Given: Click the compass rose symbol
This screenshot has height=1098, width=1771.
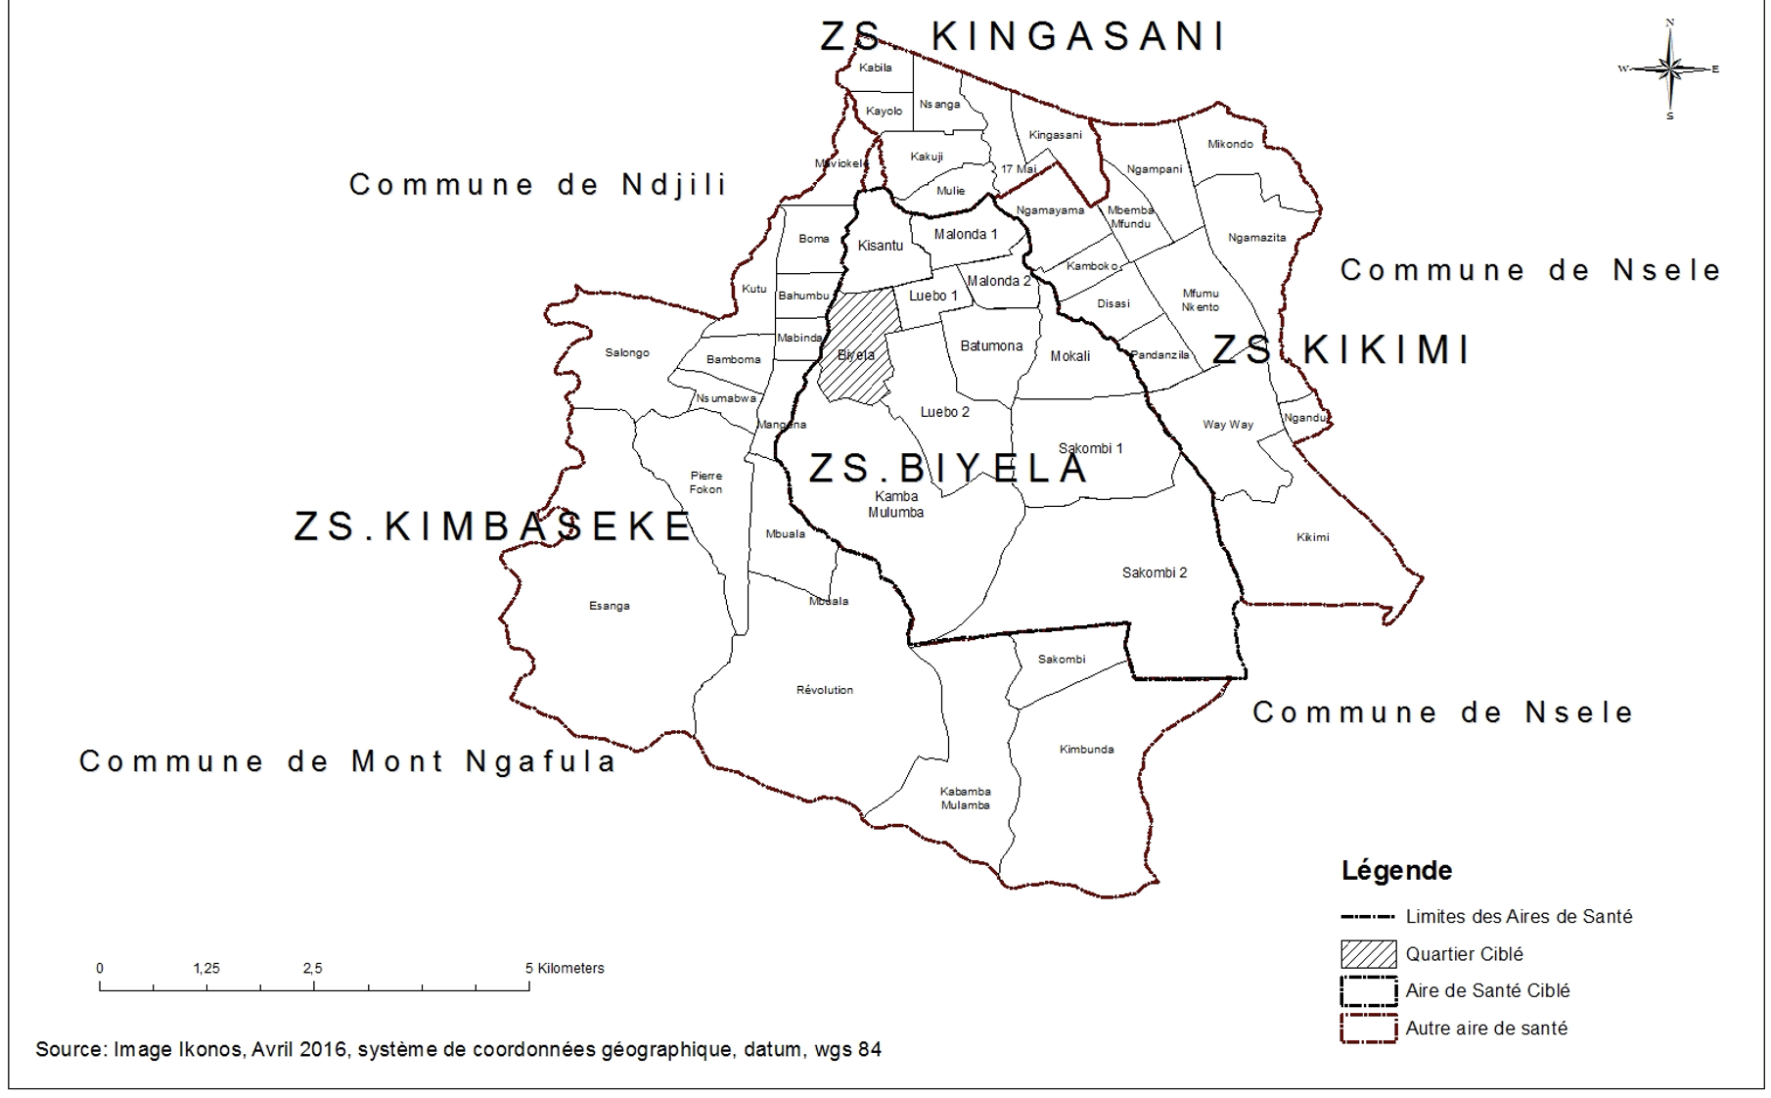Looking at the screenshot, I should click(x=1669, y=69).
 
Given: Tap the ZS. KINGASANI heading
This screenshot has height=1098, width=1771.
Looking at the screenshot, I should click(x=1022, y=37).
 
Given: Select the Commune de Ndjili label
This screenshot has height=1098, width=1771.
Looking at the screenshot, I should click(x=537, y=184).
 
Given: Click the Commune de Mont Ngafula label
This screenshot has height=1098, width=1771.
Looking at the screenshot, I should click(x=347, y=760).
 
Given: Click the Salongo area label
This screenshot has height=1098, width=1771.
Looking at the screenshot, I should click(x=626, y=352).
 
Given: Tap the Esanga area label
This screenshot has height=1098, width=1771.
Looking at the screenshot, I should click(x=609, y=606).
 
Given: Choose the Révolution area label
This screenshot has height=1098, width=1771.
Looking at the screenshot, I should click(x=824, y=690).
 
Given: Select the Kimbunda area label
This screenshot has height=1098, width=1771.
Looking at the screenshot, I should click(x=1086, y=750).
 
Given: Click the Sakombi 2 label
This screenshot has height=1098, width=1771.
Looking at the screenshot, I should click(x=1154, y=572).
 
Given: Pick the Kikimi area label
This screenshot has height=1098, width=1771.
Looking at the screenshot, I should click(x=1312, y=537).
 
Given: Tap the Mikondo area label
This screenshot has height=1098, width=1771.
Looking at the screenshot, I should click(x=1230, y=144).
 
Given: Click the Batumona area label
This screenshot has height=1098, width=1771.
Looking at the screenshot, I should click(x=991, y=345).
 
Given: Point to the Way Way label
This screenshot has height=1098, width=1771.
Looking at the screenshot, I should click(x=1227, y=425).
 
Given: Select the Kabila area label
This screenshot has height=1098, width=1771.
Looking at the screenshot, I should click(x=875, y=68).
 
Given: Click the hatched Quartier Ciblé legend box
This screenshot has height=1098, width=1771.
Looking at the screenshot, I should click(x=1368, y=953).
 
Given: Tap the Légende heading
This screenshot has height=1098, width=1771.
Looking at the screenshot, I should click(x=1396, y=870).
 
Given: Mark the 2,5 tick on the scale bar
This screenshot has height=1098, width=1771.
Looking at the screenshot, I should click(x=313, y=984).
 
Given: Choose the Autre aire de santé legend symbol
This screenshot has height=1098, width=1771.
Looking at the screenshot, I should click(x=1368, y=1028).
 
